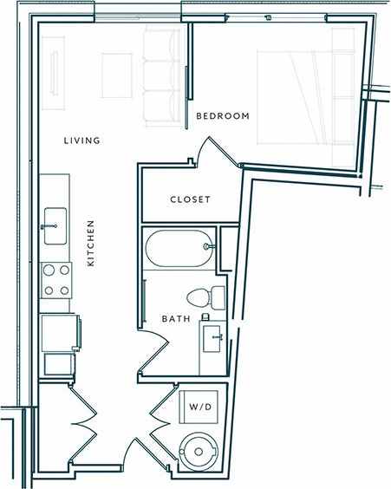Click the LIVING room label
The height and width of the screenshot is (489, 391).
pos(83,140)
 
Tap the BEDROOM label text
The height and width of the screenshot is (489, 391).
pos(223,116)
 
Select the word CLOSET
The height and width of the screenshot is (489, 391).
pos(190,199)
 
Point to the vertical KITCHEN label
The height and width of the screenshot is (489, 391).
pos(90,243)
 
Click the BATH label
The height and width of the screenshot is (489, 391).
pos(176,319)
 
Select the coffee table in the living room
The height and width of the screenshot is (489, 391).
pos(115,75)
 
